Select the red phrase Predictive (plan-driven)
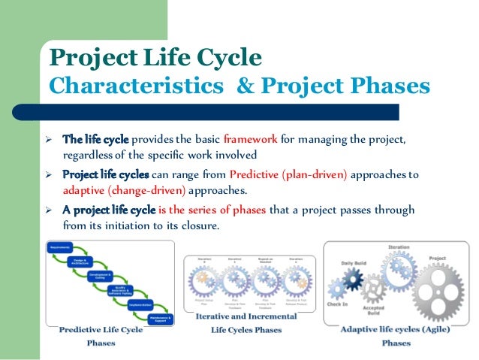[x=299, y=175]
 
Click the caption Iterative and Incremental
[x=246, y=316]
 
